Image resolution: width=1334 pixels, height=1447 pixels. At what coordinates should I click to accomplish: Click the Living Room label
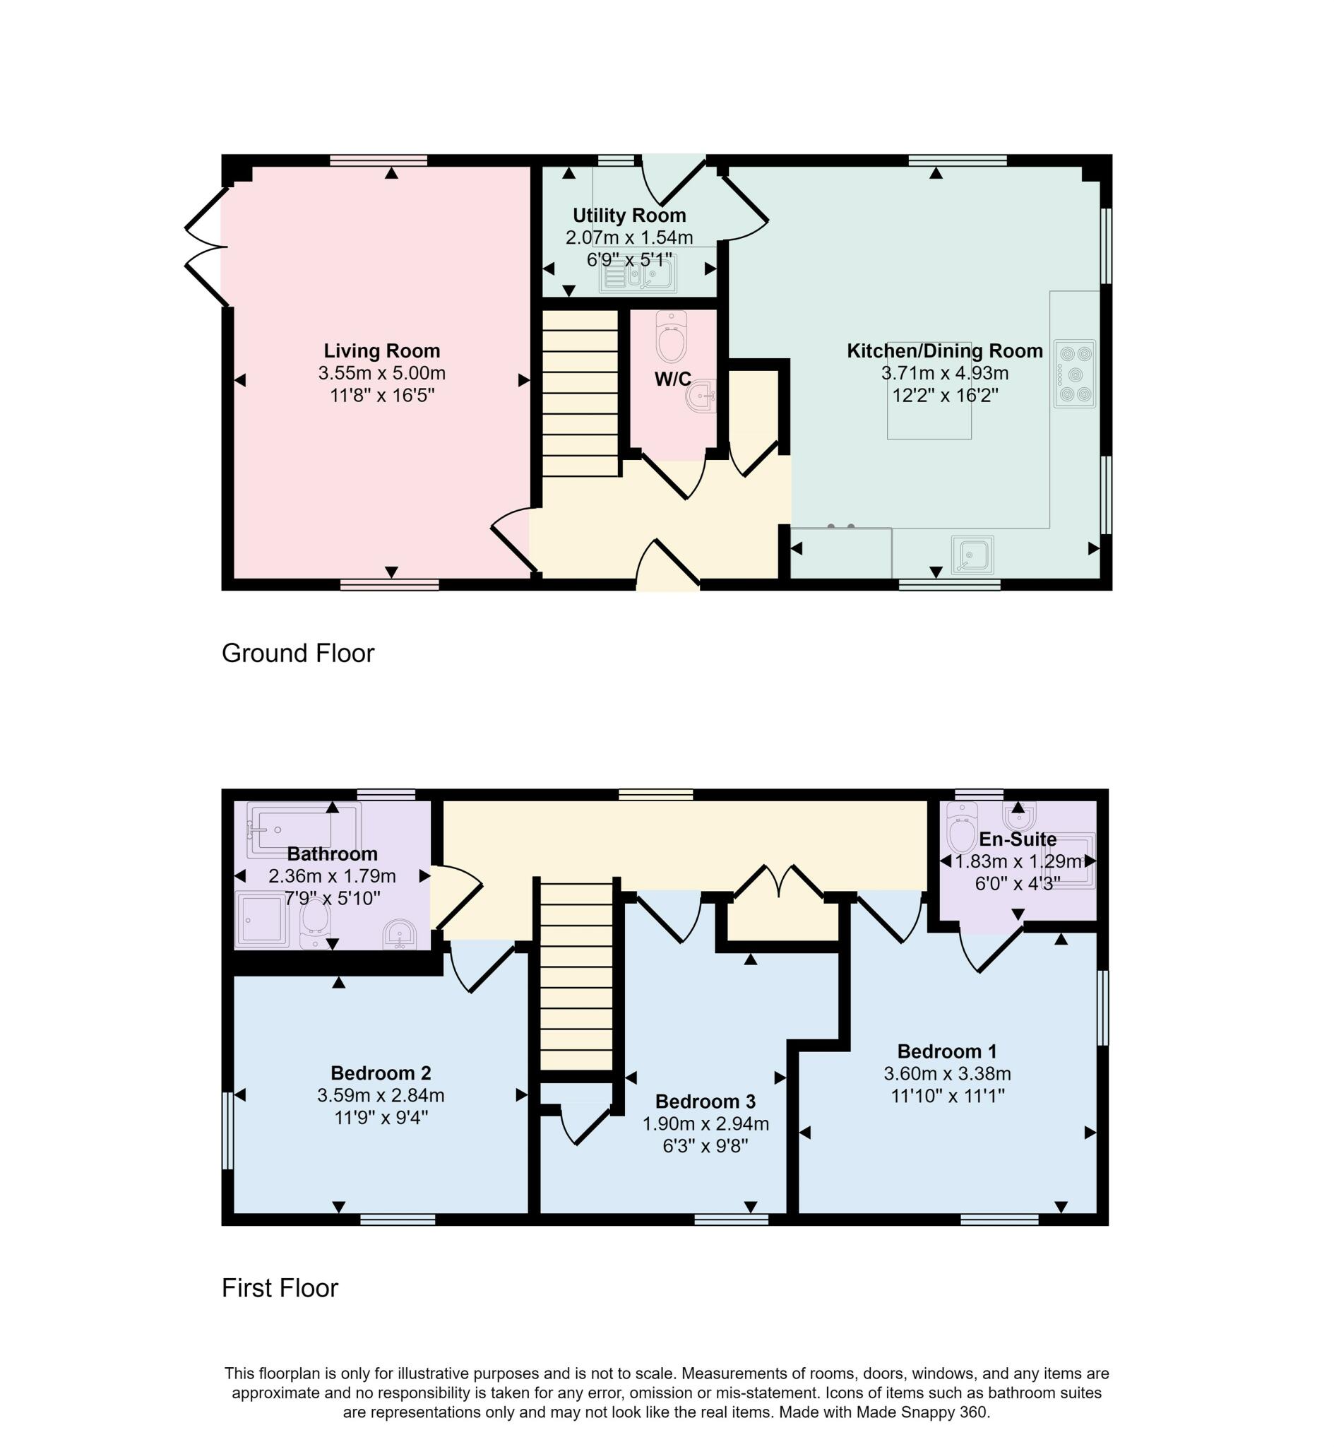382,351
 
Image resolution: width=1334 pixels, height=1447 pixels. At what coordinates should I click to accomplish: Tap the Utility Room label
629,215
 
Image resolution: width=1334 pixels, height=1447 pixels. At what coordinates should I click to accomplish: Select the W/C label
673,379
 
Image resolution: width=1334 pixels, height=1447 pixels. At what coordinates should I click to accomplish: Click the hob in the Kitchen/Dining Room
1075,374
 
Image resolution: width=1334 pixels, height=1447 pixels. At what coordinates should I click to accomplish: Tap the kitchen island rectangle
929,391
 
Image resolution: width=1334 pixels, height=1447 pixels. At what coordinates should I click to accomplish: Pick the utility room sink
638,275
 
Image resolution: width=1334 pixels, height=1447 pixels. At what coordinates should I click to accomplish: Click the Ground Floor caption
298,653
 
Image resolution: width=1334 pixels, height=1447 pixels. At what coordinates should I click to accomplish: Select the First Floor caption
280,1288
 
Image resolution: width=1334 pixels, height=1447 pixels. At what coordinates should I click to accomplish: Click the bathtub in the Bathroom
304,829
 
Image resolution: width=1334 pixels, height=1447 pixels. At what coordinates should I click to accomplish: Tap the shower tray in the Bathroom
261,920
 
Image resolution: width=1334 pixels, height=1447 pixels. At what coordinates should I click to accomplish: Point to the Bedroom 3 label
705,1102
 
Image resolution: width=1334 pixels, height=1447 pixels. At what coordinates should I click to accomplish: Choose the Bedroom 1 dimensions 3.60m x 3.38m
947,1074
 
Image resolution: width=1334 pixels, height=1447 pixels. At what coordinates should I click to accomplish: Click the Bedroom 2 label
381,1073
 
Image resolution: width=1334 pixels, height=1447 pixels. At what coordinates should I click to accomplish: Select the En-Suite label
1018,839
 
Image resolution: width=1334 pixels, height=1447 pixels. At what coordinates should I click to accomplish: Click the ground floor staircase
580,394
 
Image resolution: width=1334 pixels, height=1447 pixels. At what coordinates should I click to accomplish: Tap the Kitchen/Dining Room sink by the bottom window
972,555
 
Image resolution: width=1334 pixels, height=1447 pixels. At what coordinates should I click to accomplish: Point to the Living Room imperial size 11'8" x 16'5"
382,396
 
